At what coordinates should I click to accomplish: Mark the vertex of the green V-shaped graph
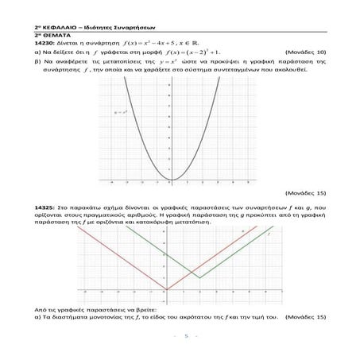[x=200, y=278]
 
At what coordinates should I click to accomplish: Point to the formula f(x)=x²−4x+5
[x=159, y=43]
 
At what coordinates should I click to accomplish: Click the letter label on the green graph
[x=269, y=234]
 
